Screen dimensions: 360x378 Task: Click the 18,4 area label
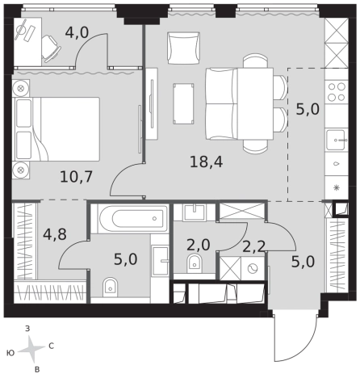(x=206, y=162)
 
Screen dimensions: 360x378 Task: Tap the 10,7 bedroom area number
(x=76, y=177)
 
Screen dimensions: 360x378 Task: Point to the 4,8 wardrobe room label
(x=55, y=234)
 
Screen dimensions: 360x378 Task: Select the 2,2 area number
(x=254, y=246)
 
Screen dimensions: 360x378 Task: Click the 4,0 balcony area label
(x=77, y=33)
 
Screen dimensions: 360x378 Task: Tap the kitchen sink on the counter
(x=337, y=141)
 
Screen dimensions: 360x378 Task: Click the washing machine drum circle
(x=253, y=268)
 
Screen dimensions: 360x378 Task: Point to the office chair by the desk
(x=51, y=48)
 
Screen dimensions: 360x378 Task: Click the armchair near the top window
(x=183, y=48)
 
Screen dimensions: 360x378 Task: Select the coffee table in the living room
(x=183, y=103)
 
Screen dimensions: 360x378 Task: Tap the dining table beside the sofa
(x=255, y=103)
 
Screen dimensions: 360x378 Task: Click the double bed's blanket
(x=67, y=129)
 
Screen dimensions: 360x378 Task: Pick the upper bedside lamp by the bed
(x=21, y=88)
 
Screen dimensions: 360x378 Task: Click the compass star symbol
(x=31, y=349)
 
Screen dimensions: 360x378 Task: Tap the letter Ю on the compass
(x=10, y=353)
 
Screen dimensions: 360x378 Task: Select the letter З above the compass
(x=27, y=329)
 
